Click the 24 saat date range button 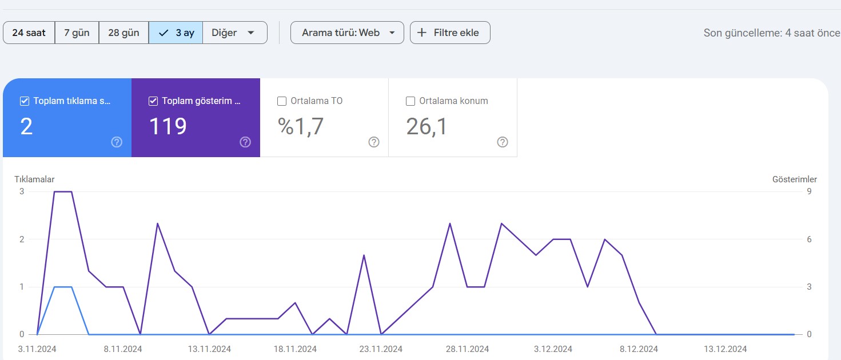pos(29,33)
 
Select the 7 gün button pos(77,33)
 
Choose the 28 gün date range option pos(123,33)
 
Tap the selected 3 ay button pos(176,33)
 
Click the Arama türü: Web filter pos(347,33)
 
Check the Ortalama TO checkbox pos(282,101)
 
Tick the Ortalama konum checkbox pos(410,101)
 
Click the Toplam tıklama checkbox pos(25,101)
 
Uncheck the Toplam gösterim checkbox pos(153,101)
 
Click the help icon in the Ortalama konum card pos(503,142)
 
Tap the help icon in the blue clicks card pos(117,142)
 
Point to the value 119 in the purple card pos(168,126)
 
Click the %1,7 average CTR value pos(300,126)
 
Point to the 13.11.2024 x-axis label pos(209,349)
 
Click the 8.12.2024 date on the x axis pos(639,349)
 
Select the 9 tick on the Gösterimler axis pos(809,191)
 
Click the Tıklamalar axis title pos(34,179)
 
